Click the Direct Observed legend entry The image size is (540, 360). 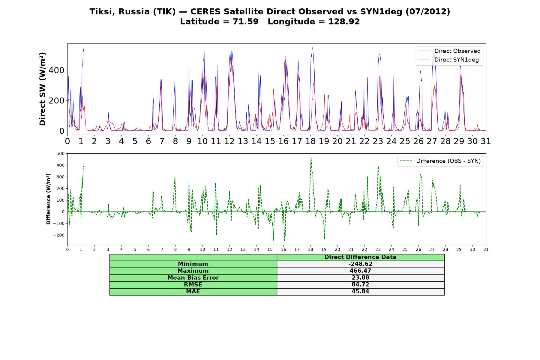(x=449, y=51)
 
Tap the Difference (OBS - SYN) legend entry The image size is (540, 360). (x=440, y=161)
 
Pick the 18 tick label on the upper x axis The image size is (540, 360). (x=310, y=141)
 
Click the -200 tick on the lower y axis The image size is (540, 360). (x=59, y=235)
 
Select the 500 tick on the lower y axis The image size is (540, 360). (x=61, y=154)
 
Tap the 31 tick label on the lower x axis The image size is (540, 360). (x=486, y=250)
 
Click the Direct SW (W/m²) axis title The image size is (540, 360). (x=42, y=89)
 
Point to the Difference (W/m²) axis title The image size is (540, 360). (x=48, y=199)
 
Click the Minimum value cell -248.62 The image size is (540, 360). (x=360, y=264)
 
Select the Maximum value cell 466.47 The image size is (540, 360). (x=360, y=271)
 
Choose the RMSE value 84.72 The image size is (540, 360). (x=360, y=285)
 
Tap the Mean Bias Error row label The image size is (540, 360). (x=193, y=278)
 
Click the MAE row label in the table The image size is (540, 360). (x=193, y=292)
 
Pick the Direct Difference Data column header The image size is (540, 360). (x=360, y=257)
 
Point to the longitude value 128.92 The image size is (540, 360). (x=344, y=22)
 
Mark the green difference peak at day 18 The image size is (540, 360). (x=311, y=157)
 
